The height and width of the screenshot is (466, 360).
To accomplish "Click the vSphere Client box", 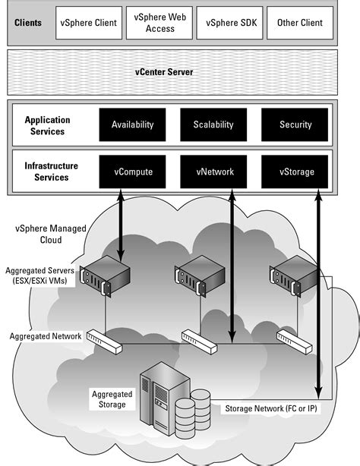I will [x=88, y=23].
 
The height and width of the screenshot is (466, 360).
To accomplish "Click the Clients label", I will [x=29, y=23].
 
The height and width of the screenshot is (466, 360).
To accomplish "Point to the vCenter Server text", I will [x=180, y=72].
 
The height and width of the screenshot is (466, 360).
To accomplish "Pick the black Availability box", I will [x=133, y=124].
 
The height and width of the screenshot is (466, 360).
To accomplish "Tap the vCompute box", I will [x=133, y=172].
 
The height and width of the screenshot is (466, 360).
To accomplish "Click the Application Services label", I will [x=47, y=125].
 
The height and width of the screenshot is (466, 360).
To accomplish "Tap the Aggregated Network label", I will [x=44, y=335].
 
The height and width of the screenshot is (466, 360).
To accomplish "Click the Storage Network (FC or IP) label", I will [x=271, y=409].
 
